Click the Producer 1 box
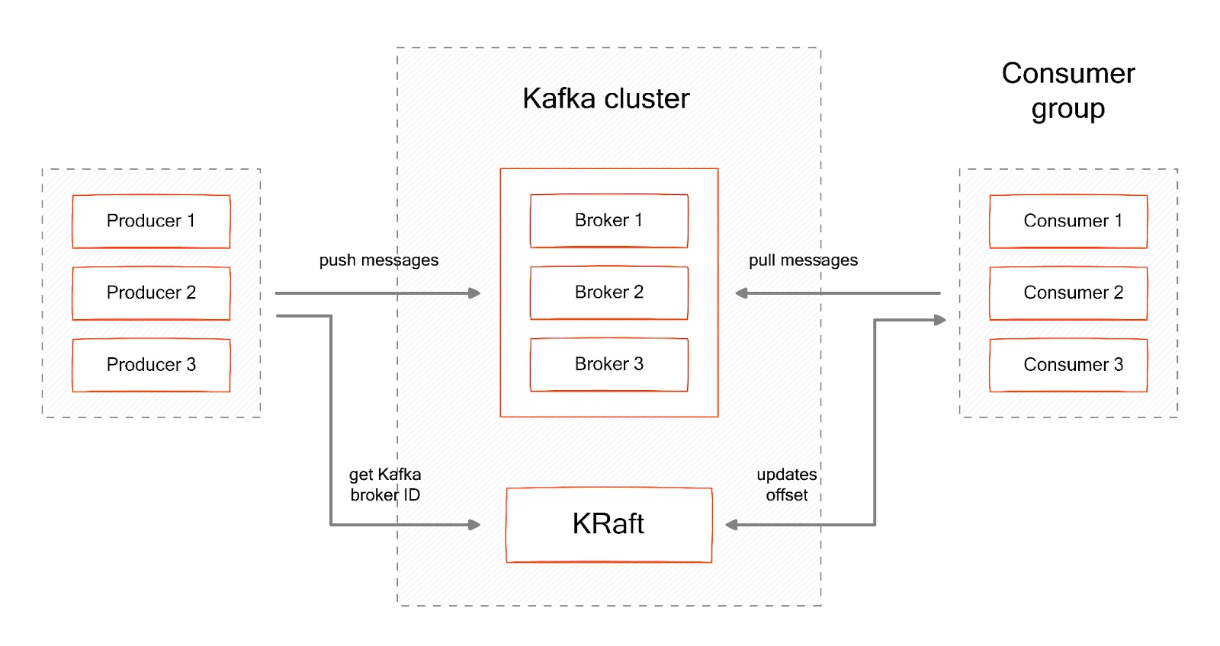[x=151, y=221]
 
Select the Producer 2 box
[x=151, y=293]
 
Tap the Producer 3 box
[x=151, y=365]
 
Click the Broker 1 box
[x=608, y=221]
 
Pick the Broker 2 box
[x=608, y=293]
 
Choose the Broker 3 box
[x=608, y=364]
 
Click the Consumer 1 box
[x=1067, y=221]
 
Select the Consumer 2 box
[x=1067, y=293]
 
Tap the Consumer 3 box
[x=1067, y=365]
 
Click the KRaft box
[x=608, y=524]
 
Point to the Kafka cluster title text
[x=606, y=98]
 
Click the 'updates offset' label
[x=787, y=484]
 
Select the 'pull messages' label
[x=802, y=261]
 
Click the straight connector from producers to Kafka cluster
[x=335, y=293]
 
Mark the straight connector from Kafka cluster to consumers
[x=884, y=293]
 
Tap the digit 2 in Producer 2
[x=191, y=293]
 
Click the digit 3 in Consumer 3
[x=1119, y=365]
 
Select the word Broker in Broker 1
[x=602, y=220]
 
